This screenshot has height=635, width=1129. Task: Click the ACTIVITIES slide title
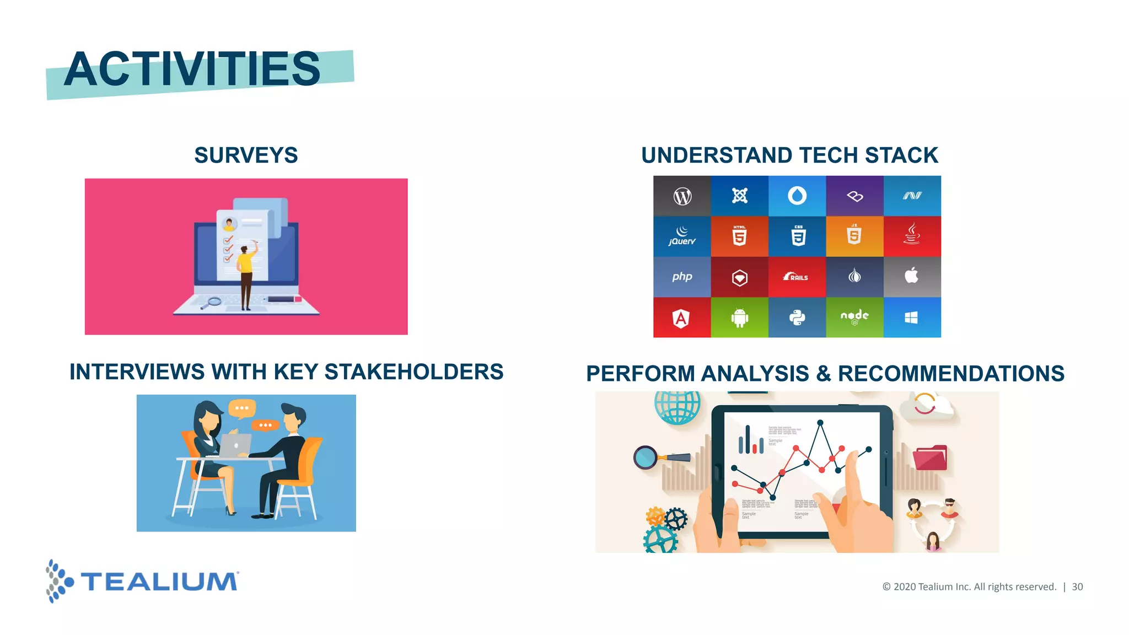point(192,69)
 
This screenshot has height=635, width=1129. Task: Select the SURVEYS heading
point(246,155)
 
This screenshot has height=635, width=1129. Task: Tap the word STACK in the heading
point(901,155)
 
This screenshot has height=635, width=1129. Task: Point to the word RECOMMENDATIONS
point(951,374)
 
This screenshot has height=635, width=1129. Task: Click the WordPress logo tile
point(682,196)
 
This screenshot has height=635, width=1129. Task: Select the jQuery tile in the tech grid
point(682,236)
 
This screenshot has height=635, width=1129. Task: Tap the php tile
point(682,277)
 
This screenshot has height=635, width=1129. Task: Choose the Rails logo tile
point(797,277)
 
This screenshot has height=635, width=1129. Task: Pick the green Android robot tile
point(739,317)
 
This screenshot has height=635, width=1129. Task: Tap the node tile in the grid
point(854,317)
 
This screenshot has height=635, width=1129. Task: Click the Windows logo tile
point(912,317)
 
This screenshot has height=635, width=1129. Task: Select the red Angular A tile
point(681,318)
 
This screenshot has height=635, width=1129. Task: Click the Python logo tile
point(797,317)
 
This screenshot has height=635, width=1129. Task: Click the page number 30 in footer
point(1077,587)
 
